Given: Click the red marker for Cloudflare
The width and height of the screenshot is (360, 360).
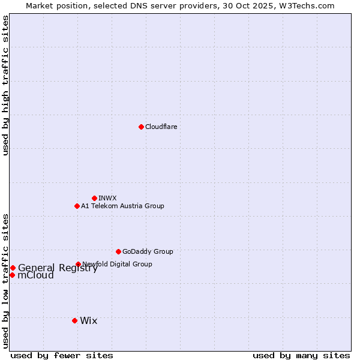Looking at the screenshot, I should (141, 127).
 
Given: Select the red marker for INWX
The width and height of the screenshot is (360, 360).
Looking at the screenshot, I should (94, 198).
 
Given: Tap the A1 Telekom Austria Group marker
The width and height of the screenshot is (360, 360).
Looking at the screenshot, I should (77, 206).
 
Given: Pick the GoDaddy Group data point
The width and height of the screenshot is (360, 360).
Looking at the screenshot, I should (118, 251).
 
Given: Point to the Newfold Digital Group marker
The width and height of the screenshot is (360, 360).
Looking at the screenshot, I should (78, 264).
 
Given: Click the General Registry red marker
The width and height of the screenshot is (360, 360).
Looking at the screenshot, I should (13, 268).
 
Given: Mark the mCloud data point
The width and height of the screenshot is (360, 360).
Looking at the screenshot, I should (12, 275).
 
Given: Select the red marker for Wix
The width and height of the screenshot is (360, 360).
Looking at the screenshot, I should (74, 320).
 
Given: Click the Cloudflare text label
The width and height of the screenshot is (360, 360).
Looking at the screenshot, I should (161, 127).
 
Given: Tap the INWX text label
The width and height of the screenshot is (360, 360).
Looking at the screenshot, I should (107, 198).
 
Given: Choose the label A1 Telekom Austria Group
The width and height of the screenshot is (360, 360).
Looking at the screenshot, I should (122, 206).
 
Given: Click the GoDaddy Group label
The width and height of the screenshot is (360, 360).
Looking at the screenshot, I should (148, 251).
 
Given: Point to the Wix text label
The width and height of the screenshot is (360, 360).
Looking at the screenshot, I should (88, 320).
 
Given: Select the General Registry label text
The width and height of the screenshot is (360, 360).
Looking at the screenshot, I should (58, 268).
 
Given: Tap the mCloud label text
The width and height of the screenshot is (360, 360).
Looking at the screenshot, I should (36, 275).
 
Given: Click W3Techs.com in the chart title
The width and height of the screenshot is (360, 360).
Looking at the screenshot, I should (310, 5).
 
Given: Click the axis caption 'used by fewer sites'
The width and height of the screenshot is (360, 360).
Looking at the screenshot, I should (62, 355).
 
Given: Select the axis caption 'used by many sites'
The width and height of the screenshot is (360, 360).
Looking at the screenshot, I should (301, 355).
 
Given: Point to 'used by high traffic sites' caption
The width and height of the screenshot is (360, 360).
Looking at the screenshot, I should (5, 85).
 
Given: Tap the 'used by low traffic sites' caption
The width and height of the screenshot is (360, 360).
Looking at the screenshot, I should (5, 280).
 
